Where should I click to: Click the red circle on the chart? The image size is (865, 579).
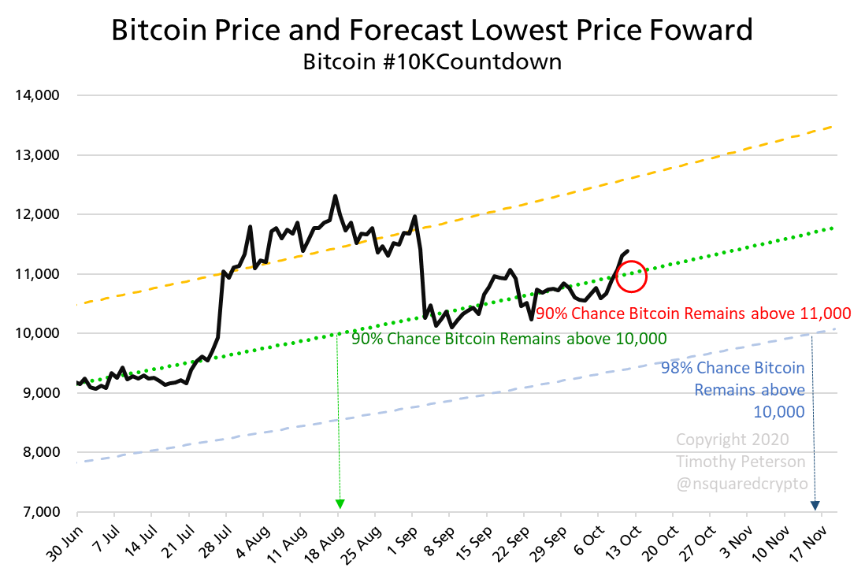tap(631, 276)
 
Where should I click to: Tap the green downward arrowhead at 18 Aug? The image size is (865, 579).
tap(340, 503)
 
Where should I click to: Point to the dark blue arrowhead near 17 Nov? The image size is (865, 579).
tap(815, 504)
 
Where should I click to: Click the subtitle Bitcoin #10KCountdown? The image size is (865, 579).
tap(432, 61)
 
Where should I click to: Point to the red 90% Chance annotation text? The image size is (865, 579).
tap(693, 314)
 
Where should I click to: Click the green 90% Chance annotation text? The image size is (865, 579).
tap(509, 338)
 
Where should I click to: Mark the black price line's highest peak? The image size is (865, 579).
tap(336, 196)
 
